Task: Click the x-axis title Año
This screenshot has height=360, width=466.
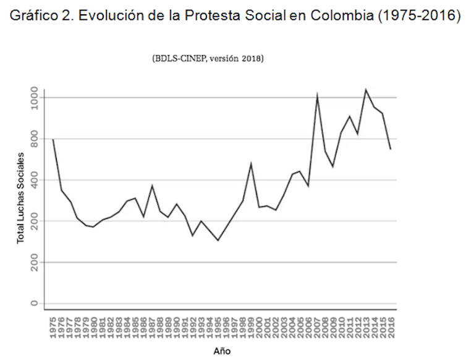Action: click(x=222, y=351)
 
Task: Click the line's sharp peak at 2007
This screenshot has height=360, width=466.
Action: click(x=317, y=95)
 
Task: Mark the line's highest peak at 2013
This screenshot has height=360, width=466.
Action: click(x=366, y=89)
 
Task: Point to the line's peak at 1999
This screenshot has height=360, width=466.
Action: click(x=251, y=163)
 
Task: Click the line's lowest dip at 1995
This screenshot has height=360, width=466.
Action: click(x=218, y=240)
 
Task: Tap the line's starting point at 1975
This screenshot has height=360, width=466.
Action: click(x=53, y=140)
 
